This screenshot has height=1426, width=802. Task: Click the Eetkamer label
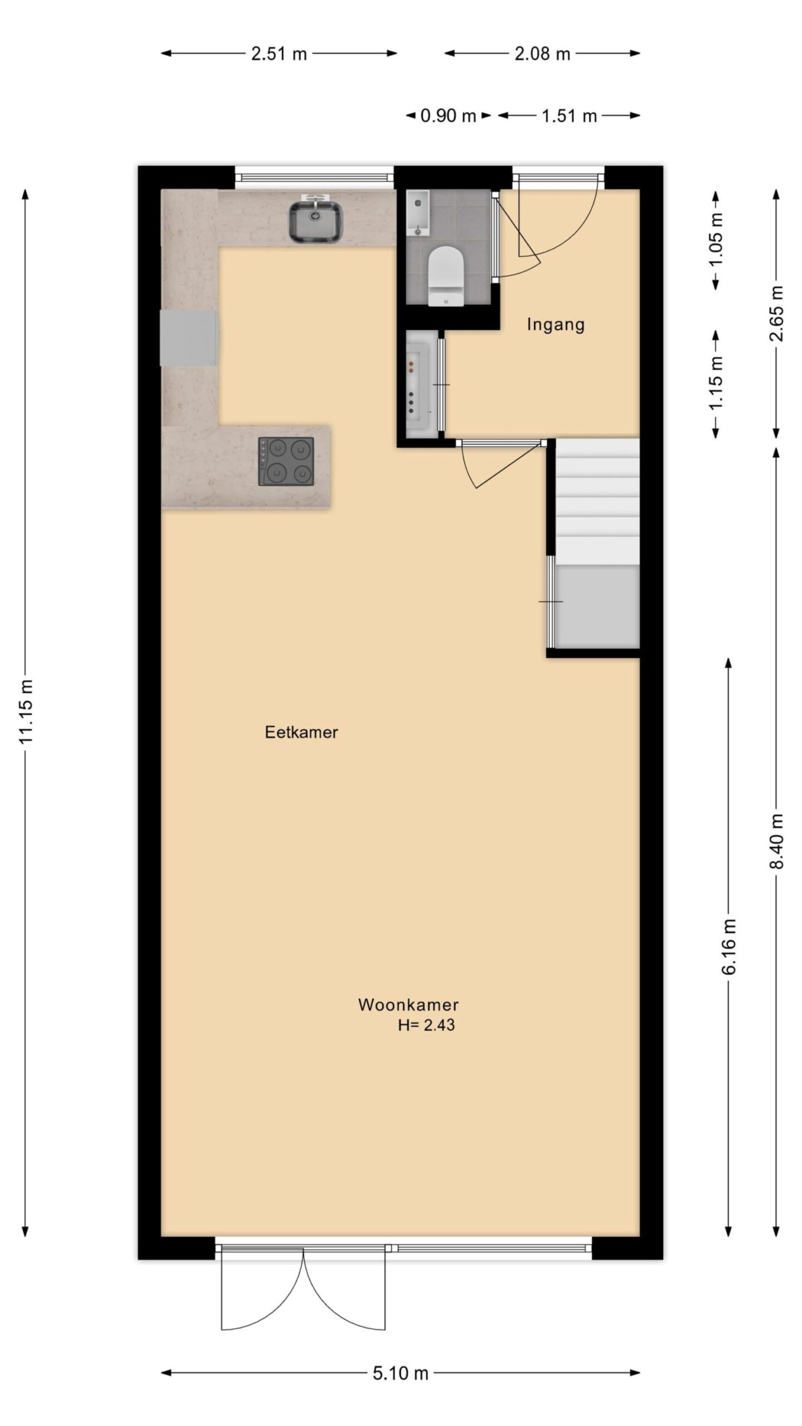click(301, 732)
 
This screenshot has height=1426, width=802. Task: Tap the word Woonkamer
click(408, 1004)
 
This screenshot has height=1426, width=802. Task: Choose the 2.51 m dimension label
click(279, 54)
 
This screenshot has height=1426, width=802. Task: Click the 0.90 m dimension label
click(448, 116)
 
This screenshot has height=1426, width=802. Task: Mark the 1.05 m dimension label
click(716, 239)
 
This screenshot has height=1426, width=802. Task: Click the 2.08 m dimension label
click(543, 54)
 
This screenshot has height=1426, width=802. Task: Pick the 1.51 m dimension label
click(569, 116)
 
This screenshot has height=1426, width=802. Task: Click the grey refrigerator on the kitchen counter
click(189, 338)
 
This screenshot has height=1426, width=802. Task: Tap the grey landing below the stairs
click(598, 606)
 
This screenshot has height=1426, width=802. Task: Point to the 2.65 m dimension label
click(777, 313)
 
